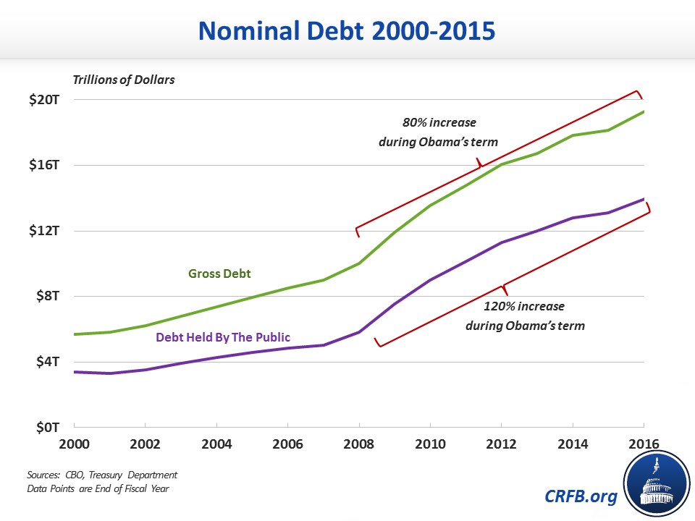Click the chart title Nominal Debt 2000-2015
[347, 30]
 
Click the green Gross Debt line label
[219, 274]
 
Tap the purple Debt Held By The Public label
[223, 337]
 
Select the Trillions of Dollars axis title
[123, 80]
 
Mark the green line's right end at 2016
[644, 111]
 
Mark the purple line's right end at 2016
[644, 199]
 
